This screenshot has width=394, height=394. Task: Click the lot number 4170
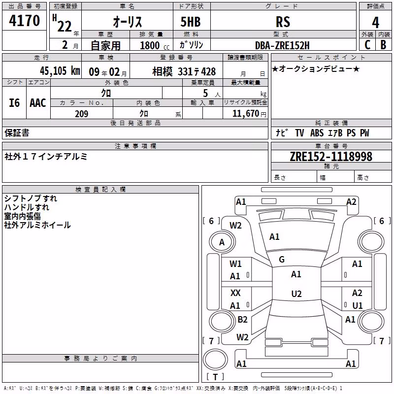point(24,21)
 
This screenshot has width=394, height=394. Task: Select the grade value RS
point(283,22)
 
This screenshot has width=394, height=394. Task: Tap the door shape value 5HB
point(191,22)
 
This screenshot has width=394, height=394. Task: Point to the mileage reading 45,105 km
point(60,70)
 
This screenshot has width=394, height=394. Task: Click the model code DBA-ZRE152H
point(282,45)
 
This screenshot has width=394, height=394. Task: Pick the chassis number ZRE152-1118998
point(331,157)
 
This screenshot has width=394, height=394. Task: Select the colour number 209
point(82,114)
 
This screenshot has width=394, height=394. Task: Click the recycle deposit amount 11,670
point(245,114)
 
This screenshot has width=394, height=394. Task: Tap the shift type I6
point(14,103)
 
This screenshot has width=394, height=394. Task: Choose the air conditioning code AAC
point(38,103)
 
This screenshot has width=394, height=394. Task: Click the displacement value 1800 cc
point(155,45)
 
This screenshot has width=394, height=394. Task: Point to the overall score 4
point(375,23)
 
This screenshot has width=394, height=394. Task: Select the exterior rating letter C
point(367,45)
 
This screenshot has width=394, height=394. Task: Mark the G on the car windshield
point(282,260)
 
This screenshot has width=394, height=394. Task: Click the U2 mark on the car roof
point(296,294)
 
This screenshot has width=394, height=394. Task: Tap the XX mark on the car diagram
point(235,293)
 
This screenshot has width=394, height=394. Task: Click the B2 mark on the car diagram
point(242,319)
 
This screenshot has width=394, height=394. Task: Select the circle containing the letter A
point(222,242)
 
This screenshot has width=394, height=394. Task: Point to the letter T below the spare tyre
point(215,377)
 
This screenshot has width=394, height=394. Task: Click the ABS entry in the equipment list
point(317,133)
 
